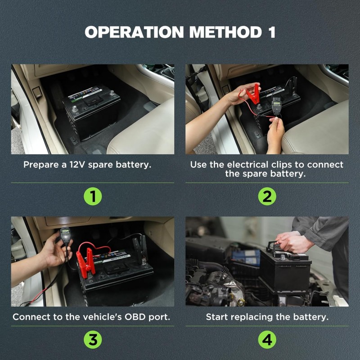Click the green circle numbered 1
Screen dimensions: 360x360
tap(93, 196)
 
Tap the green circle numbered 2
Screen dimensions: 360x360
tap(267, 196)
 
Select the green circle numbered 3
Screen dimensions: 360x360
tap(93, 340)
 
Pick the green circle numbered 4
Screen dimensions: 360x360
tap(267, 340)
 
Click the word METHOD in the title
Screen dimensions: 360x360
tap(226, 32)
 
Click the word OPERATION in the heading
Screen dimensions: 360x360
tap(134, 32)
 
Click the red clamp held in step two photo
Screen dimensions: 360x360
tap(255, 94)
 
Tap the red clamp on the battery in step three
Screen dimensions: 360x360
tap(85, 263)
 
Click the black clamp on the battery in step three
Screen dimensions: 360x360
tap(139, 248)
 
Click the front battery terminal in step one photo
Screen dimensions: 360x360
tap(75, 108)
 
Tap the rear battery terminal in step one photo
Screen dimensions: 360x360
tap(112, 93)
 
